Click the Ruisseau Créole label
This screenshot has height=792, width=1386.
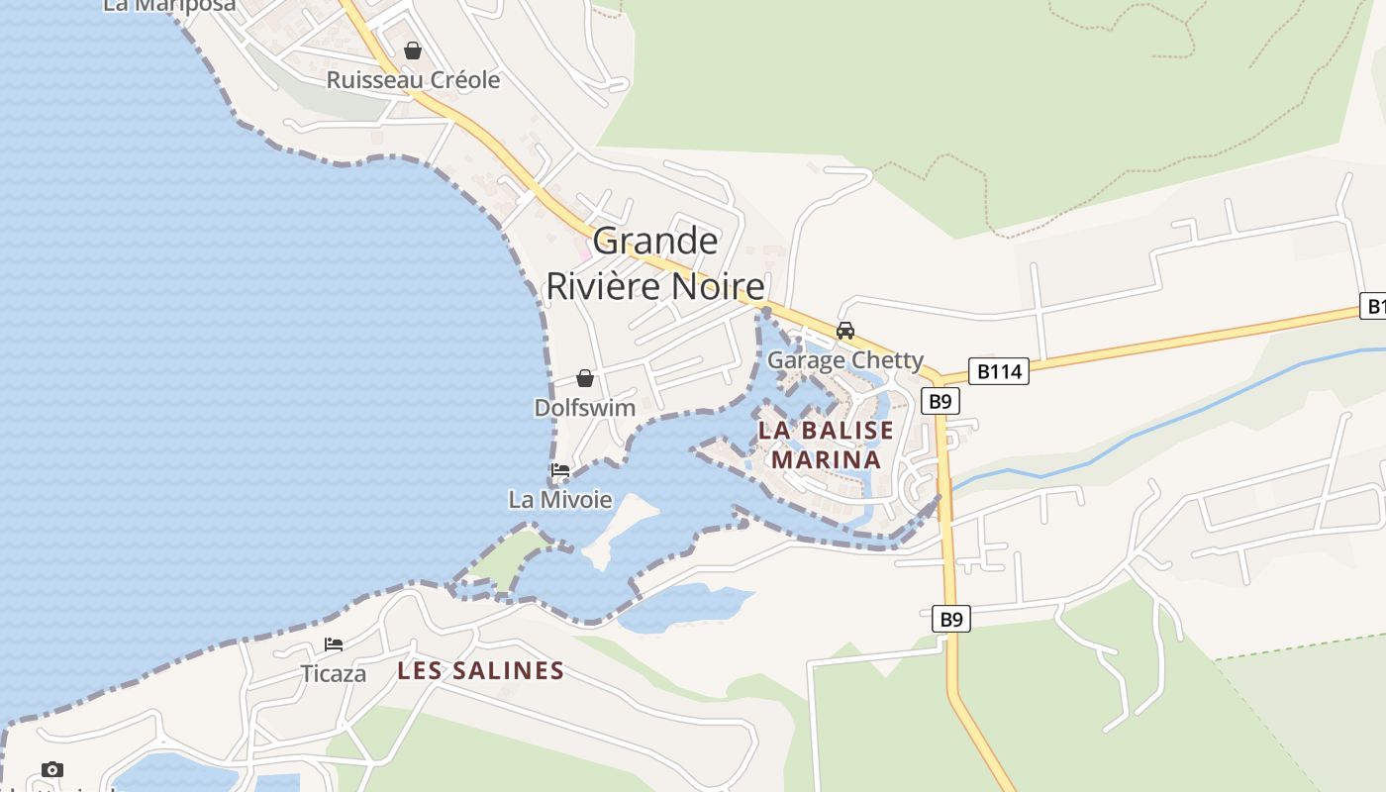coord(413,80)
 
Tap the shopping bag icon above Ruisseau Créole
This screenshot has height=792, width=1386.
coord(413,50)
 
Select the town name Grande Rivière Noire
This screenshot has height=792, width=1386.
coord(655,263)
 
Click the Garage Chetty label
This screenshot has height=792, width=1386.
coord(845,360)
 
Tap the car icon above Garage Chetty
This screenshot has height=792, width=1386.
coord(845,331)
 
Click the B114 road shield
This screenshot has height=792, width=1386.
coord(999,371)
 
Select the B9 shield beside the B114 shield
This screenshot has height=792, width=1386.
coord(940,401)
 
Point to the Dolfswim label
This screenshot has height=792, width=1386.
coord(585,408)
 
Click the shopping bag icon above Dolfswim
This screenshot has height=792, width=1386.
coord(585,378)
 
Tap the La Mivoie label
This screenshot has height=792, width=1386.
coord(560,500)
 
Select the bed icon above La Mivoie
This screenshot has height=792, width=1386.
coord(560,470)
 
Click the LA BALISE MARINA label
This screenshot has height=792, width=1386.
coord(826,445)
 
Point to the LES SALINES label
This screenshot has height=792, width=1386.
coord(480,671)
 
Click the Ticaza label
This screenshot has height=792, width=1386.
coord(334,674)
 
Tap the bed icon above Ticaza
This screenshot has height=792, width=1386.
coord(334,644)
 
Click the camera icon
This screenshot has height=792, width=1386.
coord(52,769)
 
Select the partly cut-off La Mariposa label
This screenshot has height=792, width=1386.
coord(169,6)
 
